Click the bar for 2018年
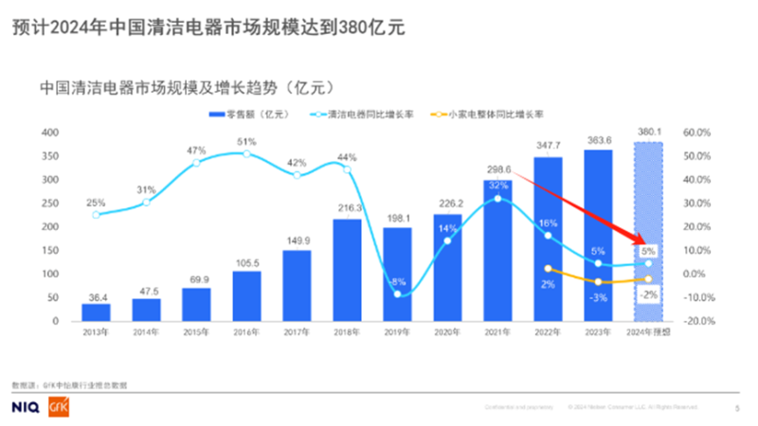point(349,271)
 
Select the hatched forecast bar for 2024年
point(648,232)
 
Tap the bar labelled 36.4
point(96,312)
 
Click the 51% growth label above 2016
point(247,142)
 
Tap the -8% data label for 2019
point(399,282)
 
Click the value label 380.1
point(649,132)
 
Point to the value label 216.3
point(349,207)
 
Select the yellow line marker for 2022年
point(548,269)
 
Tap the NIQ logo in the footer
point(27,407)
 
